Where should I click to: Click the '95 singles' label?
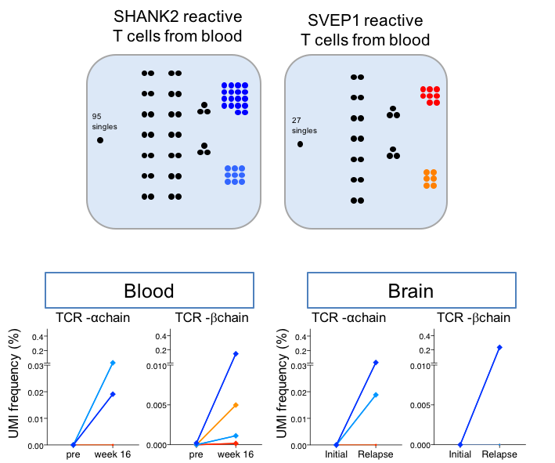point(104,121)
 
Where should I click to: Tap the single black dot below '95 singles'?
point(100,140)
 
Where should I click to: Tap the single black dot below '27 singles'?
point(300,144)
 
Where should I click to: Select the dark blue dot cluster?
point(235,98)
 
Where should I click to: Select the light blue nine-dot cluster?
point(235,175)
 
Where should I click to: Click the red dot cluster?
point(431,96)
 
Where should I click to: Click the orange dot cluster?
point(430,179)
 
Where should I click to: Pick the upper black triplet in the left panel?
point(204,109)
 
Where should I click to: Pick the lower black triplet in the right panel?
point(393,154)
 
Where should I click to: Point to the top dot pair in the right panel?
point(357,78)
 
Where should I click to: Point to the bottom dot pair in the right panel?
point(357,201)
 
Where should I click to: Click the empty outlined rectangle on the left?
point(150,290)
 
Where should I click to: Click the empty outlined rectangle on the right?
point(412,290)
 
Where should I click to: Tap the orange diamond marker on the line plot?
point(236,405)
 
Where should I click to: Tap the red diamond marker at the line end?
point(236,443)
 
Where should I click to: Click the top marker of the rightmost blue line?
point(499,347)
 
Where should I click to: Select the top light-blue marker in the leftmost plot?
point(113,363)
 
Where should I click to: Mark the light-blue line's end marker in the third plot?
point(376,395)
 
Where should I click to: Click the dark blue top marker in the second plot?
point(236,353)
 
